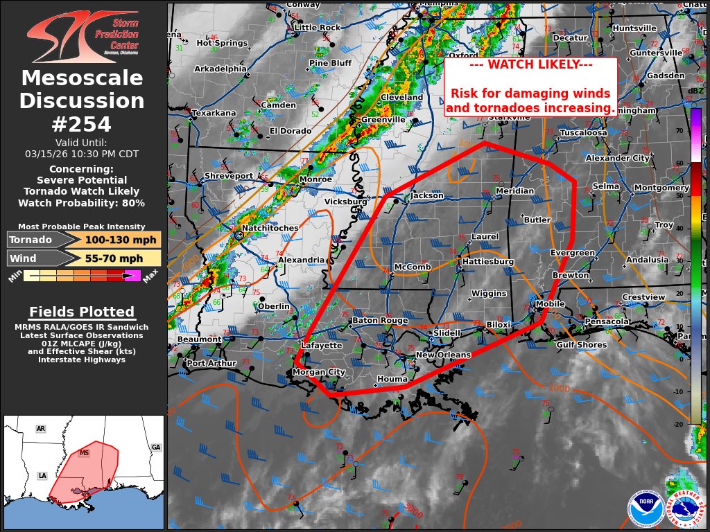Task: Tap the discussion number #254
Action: (x=82, y=124)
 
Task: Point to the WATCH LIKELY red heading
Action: (x=530, y=64)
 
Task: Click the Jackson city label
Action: (x=426, y=196)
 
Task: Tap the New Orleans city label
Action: (x=443, y=355)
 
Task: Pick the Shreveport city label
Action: (x=230, y=177)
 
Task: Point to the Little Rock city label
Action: (x=317, y=28)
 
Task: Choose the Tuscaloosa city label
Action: (x=582, y=132)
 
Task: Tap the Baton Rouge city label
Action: (x=380, y=321)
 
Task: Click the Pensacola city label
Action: (x=606, y=321)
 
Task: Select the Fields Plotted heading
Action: (x=82, y=312)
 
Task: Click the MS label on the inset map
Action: (x=85, y=453)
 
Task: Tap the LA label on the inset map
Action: (x=42, y=477)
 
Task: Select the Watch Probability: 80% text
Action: (x=82, y=203)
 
